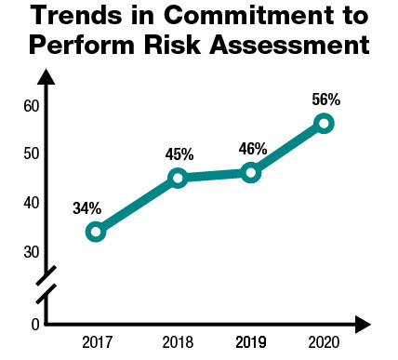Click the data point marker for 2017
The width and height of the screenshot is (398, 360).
click(x=96, y=232)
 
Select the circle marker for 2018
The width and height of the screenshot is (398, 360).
click(x=179, y=178)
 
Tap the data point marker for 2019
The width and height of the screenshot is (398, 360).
click(x=250, y=172)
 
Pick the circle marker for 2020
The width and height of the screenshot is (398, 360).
click(x=324, y=123)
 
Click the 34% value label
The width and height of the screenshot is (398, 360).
click(x=86, y=208)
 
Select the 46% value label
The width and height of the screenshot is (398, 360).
click(x=252, y=149)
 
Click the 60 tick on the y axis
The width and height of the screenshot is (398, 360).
click(x=31, y=106)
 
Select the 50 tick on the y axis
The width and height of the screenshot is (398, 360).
click(x=31, y=153)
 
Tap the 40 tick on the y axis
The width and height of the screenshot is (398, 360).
click(x=31, y=203)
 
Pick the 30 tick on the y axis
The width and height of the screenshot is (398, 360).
click(x=31, y=252)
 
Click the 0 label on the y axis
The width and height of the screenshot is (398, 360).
click(x=34, y=324)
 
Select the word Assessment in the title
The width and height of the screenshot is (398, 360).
click(x=289, y=45)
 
